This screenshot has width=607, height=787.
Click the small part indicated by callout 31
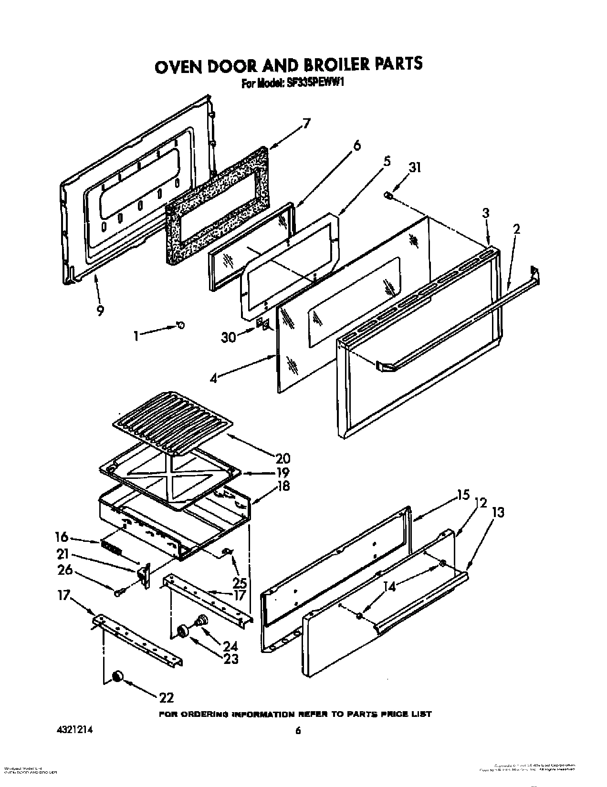point(388,195)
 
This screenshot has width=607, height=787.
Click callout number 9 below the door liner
point(99,310)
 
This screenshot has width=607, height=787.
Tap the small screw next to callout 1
point(180,325)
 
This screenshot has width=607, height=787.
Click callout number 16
point(62,538)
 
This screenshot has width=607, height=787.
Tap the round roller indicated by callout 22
point(117,677)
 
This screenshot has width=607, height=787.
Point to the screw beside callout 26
point(118,593)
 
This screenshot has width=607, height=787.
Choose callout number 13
point(498,512)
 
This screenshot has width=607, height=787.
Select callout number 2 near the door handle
point(516,229)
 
